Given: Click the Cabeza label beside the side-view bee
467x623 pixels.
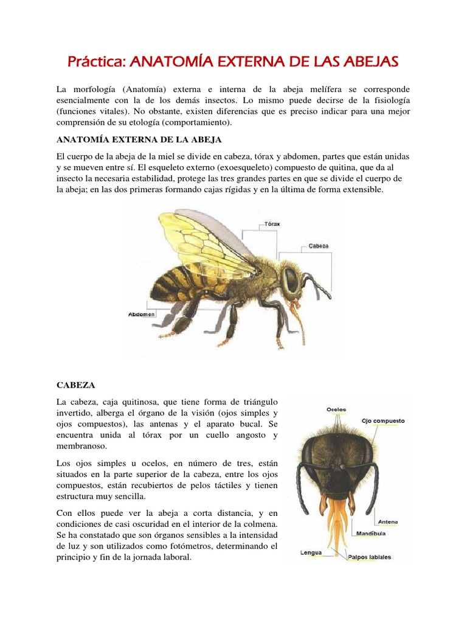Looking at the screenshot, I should point(318,246).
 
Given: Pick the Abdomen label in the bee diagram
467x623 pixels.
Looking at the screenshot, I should point(142,314).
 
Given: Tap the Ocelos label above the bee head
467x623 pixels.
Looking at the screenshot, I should point(336,409).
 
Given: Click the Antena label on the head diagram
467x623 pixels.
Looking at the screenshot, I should point(387,521).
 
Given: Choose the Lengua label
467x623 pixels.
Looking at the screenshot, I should point(311,553).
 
